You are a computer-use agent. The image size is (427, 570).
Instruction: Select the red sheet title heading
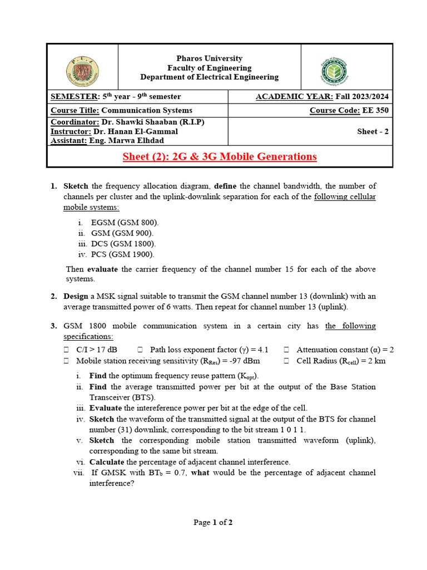click(220, 156)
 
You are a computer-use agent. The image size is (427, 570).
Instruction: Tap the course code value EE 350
click(375, 110)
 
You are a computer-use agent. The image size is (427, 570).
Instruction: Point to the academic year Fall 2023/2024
click(362, 97)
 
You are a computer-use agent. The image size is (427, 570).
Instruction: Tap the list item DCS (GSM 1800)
click(123, 244)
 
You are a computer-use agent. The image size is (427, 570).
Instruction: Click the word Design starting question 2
click(76, 297)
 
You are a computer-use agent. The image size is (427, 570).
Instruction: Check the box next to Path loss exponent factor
click(140, 350)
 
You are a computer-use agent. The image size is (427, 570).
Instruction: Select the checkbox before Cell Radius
click(286, 361)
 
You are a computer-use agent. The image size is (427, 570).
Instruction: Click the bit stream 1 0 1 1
click(290, 430)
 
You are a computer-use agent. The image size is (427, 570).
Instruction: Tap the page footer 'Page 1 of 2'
click(213, 522)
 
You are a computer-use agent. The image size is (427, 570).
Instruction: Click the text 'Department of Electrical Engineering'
click(209, 77)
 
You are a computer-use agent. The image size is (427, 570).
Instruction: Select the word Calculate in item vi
click(107, 461)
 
